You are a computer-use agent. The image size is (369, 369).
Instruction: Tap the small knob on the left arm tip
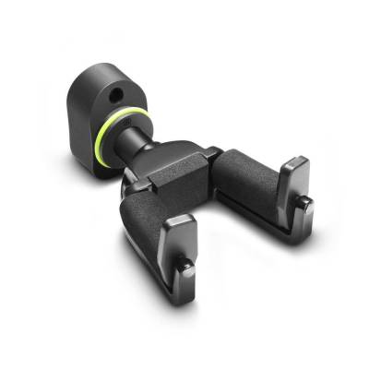tap(185, 267)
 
